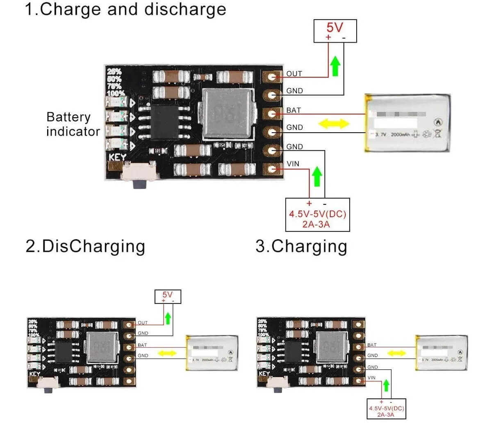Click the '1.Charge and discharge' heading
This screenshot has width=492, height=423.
pos(125,10)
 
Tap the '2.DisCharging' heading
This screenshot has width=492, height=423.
pos(85,247)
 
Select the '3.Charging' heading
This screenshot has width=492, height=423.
pos(301,247)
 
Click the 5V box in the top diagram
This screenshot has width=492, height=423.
pos(335,31)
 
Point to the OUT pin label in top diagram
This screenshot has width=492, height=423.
pos(294,74)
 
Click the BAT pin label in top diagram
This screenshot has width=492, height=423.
pos(294,110)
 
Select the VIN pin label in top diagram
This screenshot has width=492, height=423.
pos(293,164)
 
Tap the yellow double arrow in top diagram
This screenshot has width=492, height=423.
pos(334,123)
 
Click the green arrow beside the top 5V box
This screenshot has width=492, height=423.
pos(335,66)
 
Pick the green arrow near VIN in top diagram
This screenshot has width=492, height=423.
pos(317,176)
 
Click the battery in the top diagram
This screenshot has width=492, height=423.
pos(408,123)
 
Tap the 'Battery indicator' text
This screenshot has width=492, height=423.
pos(73,124)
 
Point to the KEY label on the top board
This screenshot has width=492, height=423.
pos(117,157)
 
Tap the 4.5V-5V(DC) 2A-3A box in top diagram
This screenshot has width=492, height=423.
pos(317,215)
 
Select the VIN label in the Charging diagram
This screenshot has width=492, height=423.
pos(371,378)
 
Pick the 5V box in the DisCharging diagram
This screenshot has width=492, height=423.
pos(167,296)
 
